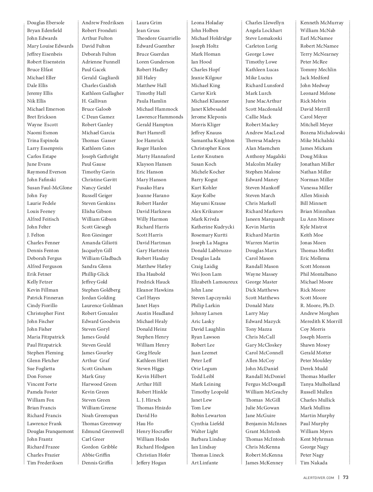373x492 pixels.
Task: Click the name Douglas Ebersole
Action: tap(46, 23)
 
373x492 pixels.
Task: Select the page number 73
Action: tap(346, 478)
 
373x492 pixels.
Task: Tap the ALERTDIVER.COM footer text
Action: tap(319, 478)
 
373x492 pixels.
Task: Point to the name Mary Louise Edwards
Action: tap(50, 46)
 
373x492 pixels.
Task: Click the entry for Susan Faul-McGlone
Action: tap(49, 188)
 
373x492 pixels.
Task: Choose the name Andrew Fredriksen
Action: tap(103, 23)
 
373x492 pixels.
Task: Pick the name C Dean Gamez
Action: tap(98, 117)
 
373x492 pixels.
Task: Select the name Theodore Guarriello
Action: tap(158, 38)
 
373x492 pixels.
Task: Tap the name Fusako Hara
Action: tap(150, 188)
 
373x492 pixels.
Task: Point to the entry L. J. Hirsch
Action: tap(149, 400)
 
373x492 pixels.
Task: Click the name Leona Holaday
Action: tap(207, 23)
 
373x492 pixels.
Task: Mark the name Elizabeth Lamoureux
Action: tap(214, 282)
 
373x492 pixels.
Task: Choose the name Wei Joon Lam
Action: tap(206, 274)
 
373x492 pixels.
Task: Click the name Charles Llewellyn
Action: tap(265, 23)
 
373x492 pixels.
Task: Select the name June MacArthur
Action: tap(263, 101)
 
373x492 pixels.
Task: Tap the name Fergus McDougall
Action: tap(265, 384)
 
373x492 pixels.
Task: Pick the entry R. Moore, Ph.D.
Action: tap(317, 306)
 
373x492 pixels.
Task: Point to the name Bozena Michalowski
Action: tap(322, 133)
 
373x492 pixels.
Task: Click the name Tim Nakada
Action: tap(314, 463)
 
